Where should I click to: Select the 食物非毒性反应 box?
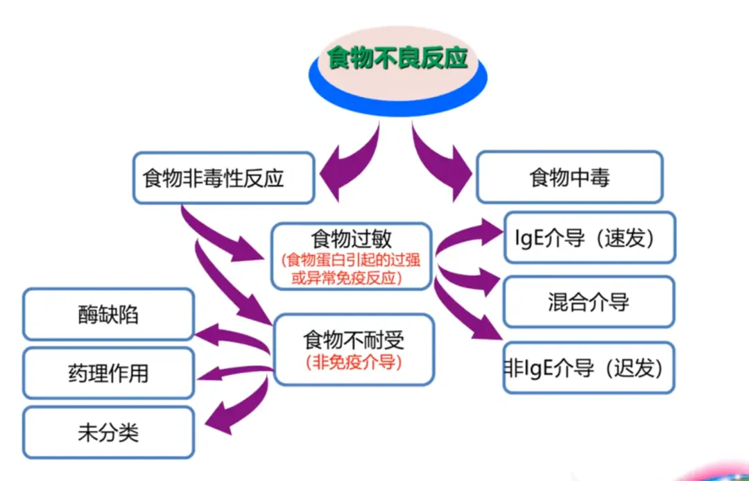coord(214,178)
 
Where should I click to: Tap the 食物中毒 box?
coord(569,178)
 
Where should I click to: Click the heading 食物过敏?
coord(352,239)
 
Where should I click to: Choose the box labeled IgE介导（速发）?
coord(589,238)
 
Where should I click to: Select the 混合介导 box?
coord(588,301)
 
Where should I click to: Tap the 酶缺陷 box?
coord(108,315)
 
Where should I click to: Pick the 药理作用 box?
coord(108,374)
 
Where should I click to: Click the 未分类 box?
coord(108,432)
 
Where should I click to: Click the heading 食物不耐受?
coord(354,340)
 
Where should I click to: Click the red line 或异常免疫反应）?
coord(352,277)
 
